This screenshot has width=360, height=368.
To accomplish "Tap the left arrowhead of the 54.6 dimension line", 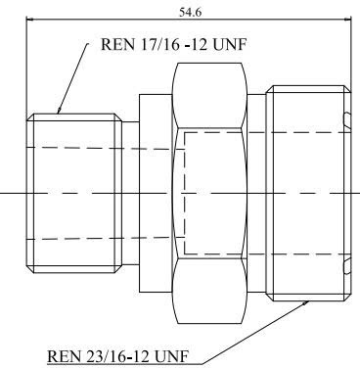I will tap(29, 19).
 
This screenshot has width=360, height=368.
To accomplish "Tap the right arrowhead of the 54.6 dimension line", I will tap(345, 19).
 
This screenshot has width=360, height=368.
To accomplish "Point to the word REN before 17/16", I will tap(117, 46).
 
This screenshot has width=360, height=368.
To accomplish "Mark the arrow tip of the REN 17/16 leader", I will tap(58, 115).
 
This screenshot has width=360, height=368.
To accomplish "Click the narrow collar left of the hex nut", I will tap(155, 191).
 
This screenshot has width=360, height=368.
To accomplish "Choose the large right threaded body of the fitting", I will tap(305, 191).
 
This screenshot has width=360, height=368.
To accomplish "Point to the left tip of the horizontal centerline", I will tap(2, 192).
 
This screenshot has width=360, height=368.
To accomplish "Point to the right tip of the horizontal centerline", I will tap(358, 192).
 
